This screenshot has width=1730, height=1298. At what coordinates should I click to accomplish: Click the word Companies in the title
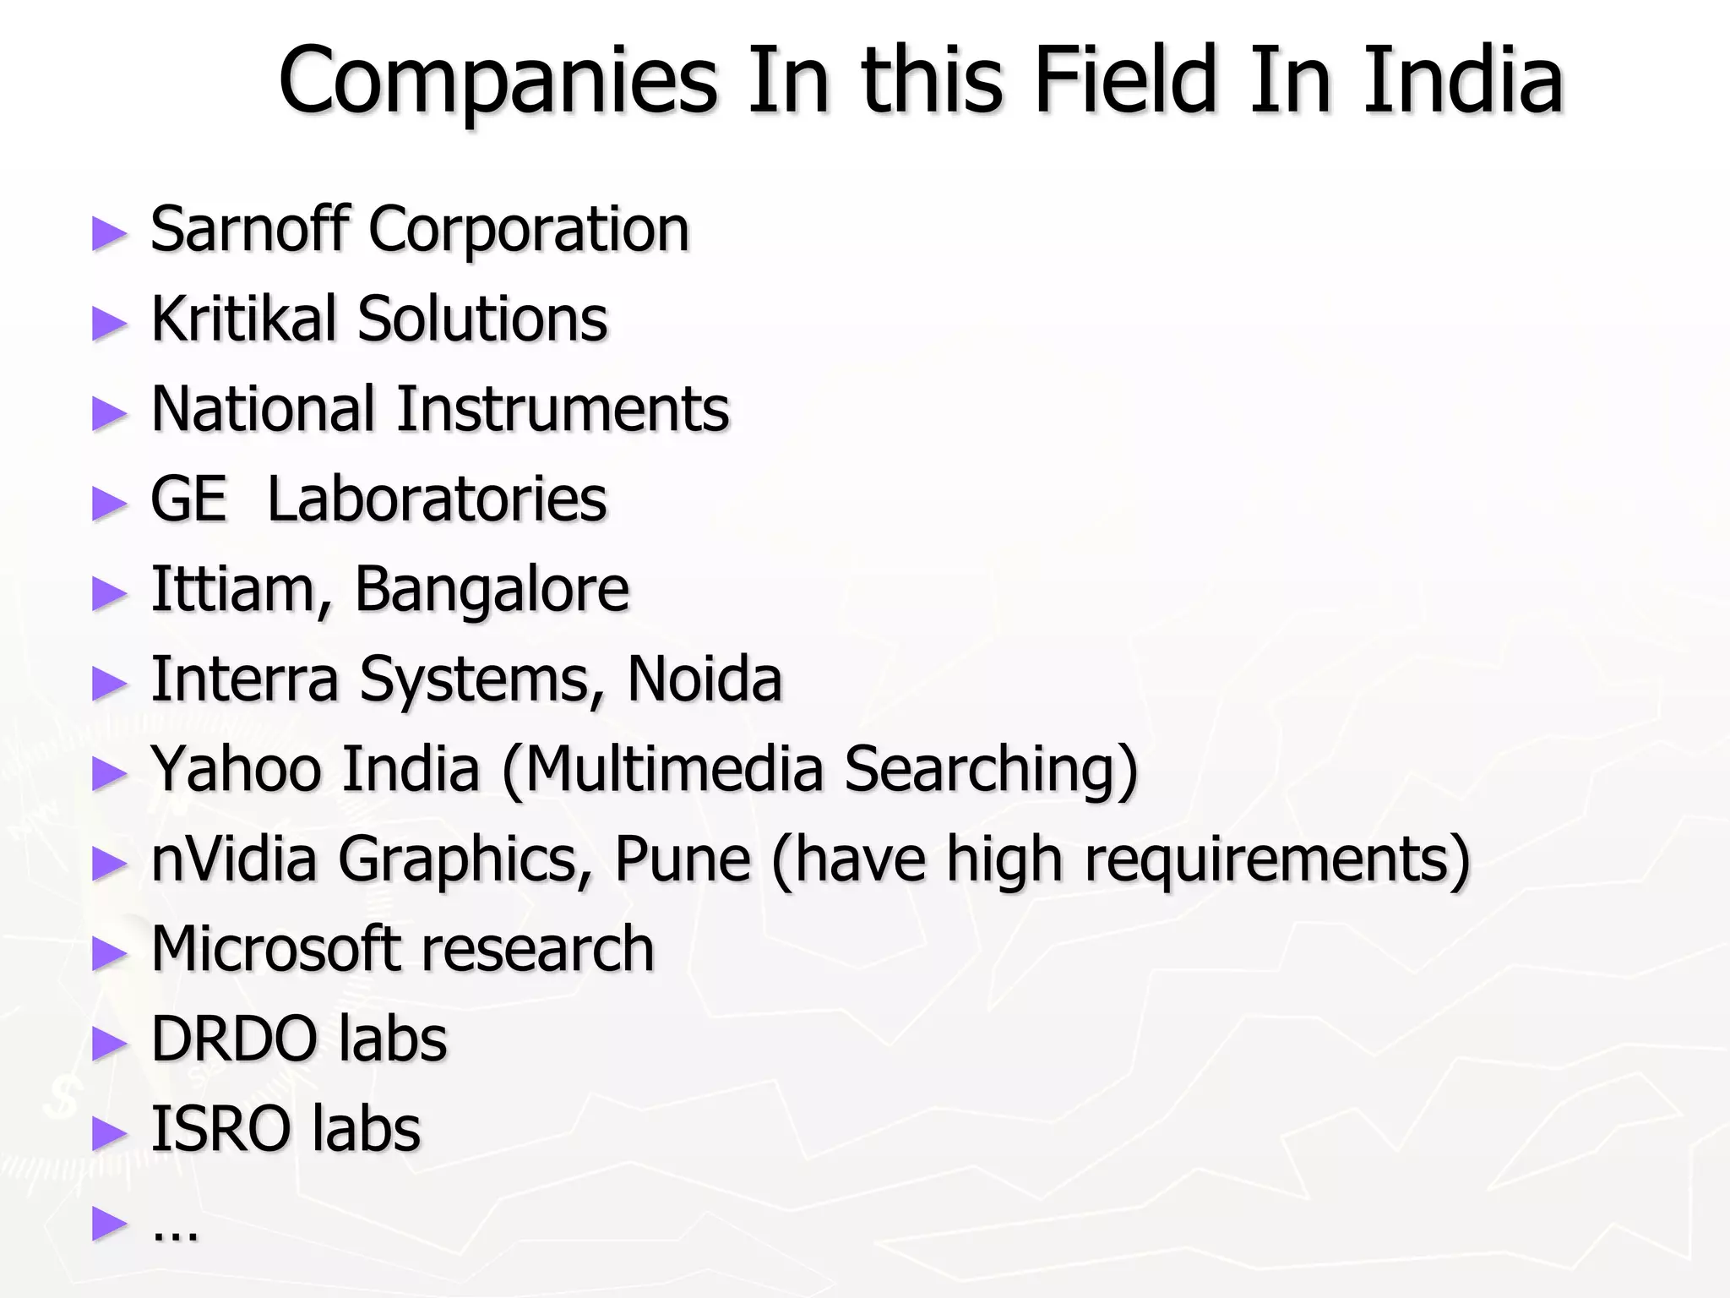[x=498, y=81]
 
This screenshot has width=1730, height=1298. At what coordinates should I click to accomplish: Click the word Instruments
[x=563, y=409]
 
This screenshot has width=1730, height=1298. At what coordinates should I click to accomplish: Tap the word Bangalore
[x=492, y=589]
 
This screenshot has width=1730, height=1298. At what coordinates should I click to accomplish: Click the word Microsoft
[x=275, y=949]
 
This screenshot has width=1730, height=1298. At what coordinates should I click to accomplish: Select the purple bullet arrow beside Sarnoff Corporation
[x=109, y=233]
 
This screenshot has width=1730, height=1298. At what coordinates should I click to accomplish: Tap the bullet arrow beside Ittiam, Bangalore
[x=109, y=593]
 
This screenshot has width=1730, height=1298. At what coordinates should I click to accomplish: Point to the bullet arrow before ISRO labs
[x=109, y=1133]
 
